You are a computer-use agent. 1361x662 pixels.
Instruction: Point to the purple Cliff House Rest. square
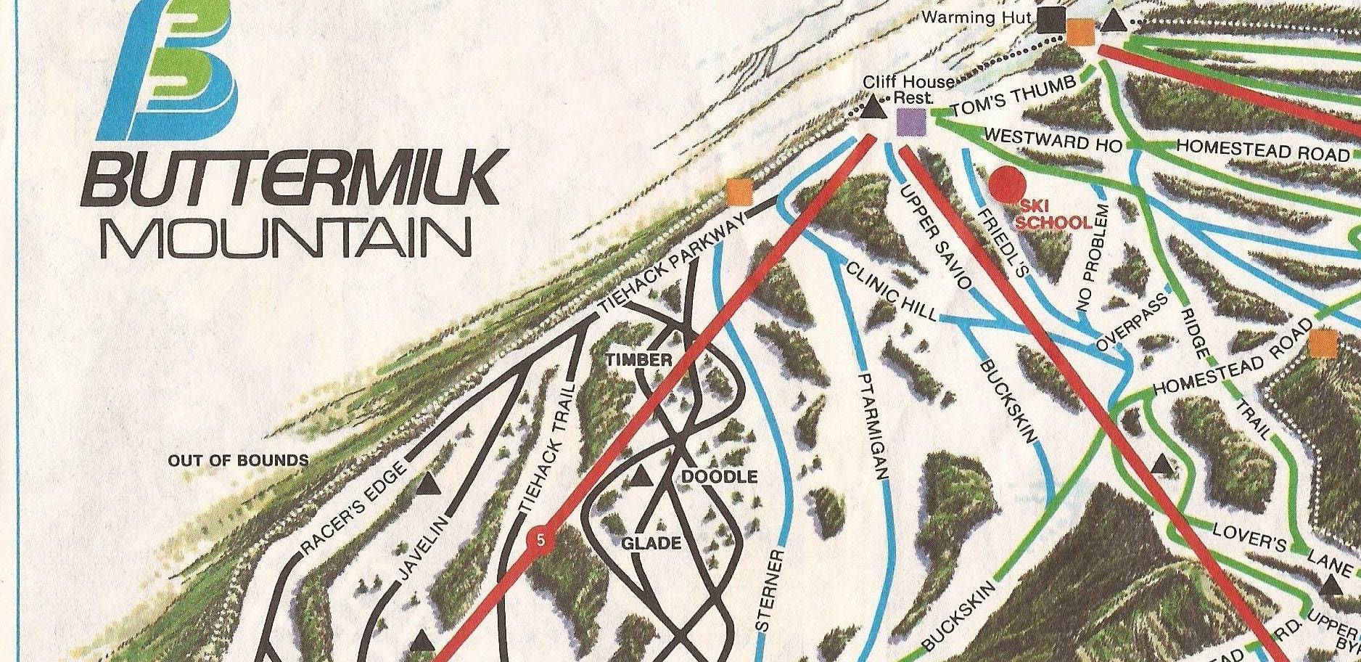(911, 122)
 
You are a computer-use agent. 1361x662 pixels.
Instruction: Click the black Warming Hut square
(1049, 20)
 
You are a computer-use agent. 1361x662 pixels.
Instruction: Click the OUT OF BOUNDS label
(238, 460)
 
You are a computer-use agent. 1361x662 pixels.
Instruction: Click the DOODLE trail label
(719, 476)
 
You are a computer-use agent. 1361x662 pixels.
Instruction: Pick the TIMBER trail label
(640, 360)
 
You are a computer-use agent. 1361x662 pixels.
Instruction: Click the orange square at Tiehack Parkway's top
(740, 192)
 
